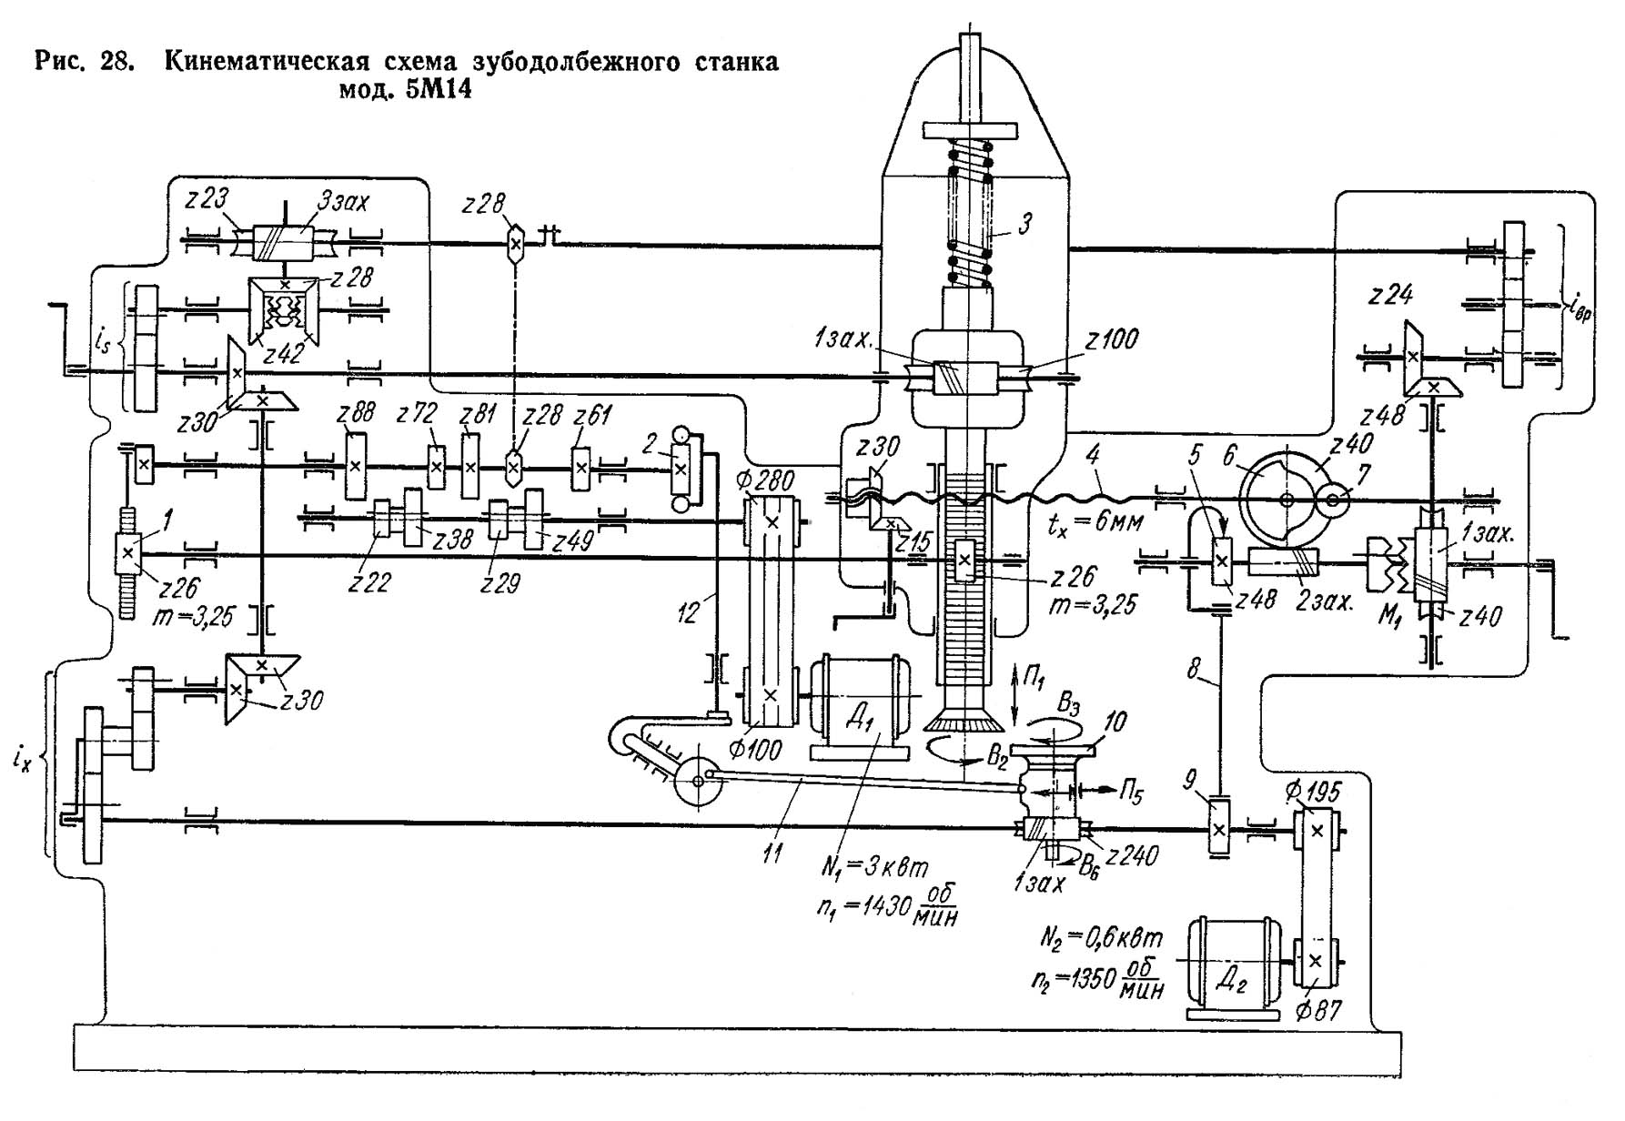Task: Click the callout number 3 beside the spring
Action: pos(1024,224)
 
